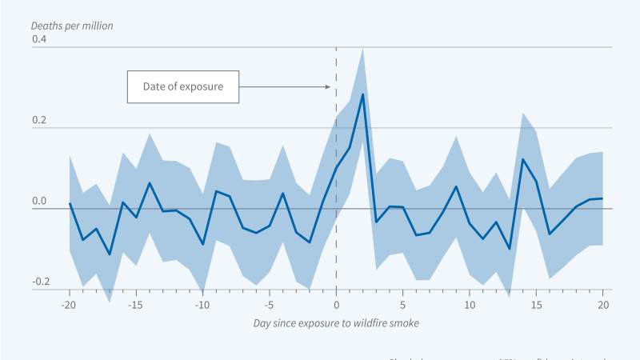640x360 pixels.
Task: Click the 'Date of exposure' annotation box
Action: pyautogui.click(x=183, y=86)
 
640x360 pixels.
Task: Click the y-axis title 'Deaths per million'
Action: pyautogui.click(x=72, y=26)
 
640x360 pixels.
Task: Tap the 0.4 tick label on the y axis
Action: pyautogui.click(x=40, y=39)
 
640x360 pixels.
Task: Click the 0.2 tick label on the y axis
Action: pyautogui.click(x=40, y=121)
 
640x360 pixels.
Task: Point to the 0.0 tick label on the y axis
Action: pyautogui.click(x=40, y=202)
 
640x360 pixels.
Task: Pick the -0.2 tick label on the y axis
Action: pyautogui.click(x=40, y=282)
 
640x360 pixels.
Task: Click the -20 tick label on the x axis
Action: pyautogui.click(x=69, y=305)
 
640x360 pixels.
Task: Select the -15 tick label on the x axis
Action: pyautogui.click(x=136, y=305)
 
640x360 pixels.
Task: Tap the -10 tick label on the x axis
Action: pyautogui.click(x=202, y=305)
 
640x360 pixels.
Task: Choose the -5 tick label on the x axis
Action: pyautogui.click(x=270, y=305)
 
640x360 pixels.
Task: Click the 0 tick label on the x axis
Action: pyautogui.click(x=336, y=305)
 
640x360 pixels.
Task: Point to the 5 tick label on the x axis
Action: pyautogui.click(x=403, y=305)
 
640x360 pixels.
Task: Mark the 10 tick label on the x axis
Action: pyautogui.click(x=470, y=305)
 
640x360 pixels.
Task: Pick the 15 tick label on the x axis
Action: pyautogui.click(x=537, y=305)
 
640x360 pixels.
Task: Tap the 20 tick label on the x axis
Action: pyautogui.click(x=603, y=305)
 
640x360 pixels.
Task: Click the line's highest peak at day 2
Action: pyautogui.click(x=363, y=94)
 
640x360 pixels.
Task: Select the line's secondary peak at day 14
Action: pyautogui.click(x=523, y=159)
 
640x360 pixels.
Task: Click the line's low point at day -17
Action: pyautogui.click(x=110, y=254)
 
